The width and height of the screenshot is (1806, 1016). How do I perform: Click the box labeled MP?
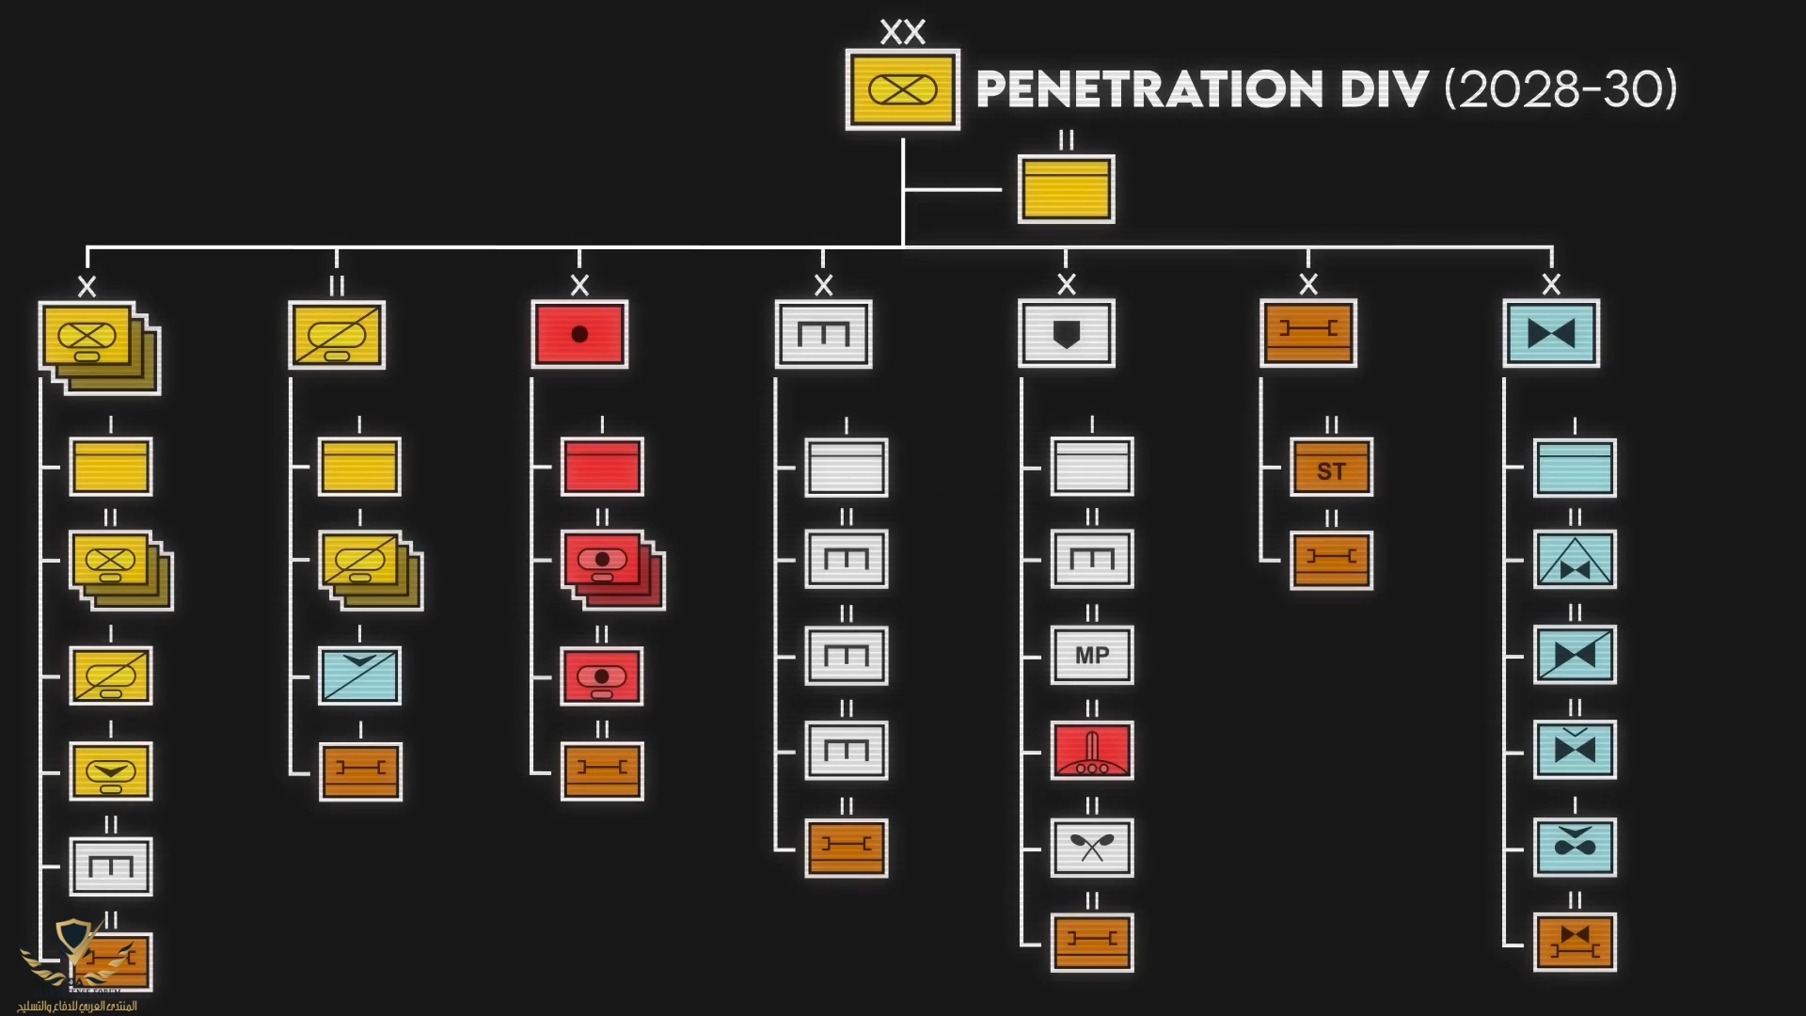pyautogui.click(x=1091, y=655)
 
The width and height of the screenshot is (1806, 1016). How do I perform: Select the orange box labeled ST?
pyautogui.click(x=1331, y=468)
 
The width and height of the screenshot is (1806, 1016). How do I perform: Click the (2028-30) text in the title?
pyautogui.click(x=1560, y=89)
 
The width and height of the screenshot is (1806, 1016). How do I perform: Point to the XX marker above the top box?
pyautogui.click(x=902, y=33)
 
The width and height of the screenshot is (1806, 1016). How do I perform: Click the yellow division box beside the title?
pyautogui.click(x=902, y=89)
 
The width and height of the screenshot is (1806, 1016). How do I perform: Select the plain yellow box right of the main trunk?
pyautogui.click(x=1066, y=189)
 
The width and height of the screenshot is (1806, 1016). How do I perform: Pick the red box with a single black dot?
pyautogui.click(x=579, y=334)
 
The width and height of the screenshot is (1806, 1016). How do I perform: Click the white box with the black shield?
pyautogui.click(x=1066, y=334)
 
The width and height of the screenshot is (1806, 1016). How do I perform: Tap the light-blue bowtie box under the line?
pyautogui.click(x=1551, y=334)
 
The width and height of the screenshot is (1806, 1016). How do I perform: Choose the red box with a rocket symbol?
pyautogui.click(x=1091, y=751)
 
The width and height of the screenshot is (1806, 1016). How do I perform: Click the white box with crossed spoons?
pyautogui.click(x=1091, y=847)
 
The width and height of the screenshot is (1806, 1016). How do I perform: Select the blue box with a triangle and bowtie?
pyautogui.click(x=1575, y=560)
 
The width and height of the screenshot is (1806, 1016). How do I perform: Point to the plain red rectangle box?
pyautogui.click(x=602, y=467)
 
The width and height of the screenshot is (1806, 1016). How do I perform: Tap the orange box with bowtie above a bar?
pyautogui.click(x=1575, y=942)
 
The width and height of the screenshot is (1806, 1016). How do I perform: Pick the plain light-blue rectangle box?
pyautogui.click(x=1575, y=468)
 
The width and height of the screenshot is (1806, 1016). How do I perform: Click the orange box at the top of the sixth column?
pyautogui.click(x=1307, y=333)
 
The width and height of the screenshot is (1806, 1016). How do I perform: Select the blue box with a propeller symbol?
pyautogui.click(x=1575, y=847)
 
